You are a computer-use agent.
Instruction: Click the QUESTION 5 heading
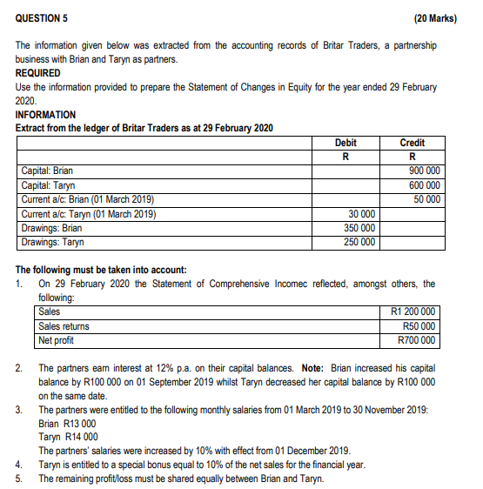click(x=43, y=17)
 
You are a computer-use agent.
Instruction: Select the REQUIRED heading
click(x=38, y=73)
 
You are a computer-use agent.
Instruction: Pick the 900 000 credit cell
click(x=424, y=171)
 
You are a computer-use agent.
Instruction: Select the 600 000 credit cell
click(x=424, y=185)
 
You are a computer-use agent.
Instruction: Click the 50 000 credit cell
click(x=426, y=199)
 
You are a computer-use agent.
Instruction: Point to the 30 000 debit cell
click(x=361, y=213)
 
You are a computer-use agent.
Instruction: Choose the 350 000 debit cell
click(x=359, y=227)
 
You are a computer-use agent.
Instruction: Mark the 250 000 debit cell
click(x=359, y=241)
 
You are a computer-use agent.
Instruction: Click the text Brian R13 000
click(x=68, y=422)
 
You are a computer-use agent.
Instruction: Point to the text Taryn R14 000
click(x=68, y=436)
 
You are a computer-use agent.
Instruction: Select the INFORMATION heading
click(x=45, y=115)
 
